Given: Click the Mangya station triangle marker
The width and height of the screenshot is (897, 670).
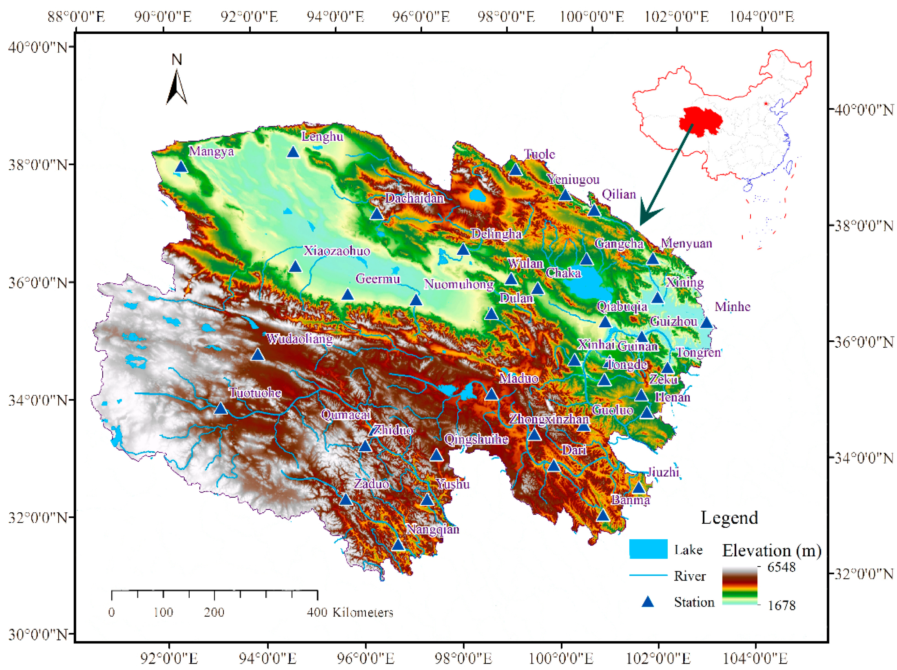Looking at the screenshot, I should pyautogui.click(x=181, y=167).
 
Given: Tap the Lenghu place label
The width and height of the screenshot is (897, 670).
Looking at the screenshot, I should pyautogui.click(x=322, y=137).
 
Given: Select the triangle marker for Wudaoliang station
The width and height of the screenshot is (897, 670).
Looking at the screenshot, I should pyautogui.click(x=257, y=355).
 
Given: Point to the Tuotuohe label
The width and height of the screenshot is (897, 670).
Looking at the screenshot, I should pyautogui.click(x=255, y=392).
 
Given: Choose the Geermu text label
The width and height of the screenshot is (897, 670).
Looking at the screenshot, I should pyautogui.click(x=377, y=279).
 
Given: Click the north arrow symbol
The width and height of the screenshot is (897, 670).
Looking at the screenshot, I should pyautogui.click(x=177, y=87).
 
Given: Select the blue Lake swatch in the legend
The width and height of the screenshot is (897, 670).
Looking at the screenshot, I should pyautogui.click(x=648, y=549).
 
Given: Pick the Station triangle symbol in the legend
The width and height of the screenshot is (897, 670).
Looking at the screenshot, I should pyautogui.click(x=648, y=602).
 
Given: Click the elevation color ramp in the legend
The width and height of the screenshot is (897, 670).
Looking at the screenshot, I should pyautogui.click(x=740, y=586).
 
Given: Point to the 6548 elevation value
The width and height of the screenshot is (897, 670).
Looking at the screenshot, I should pyautogui.click(x=781, y=567).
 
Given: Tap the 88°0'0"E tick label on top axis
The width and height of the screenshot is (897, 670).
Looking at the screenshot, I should pyautogui.click(x=76, y=17).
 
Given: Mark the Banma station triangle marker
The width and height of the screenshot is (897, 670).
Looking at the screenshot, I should pyautogui.click(x=603, y=515).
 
